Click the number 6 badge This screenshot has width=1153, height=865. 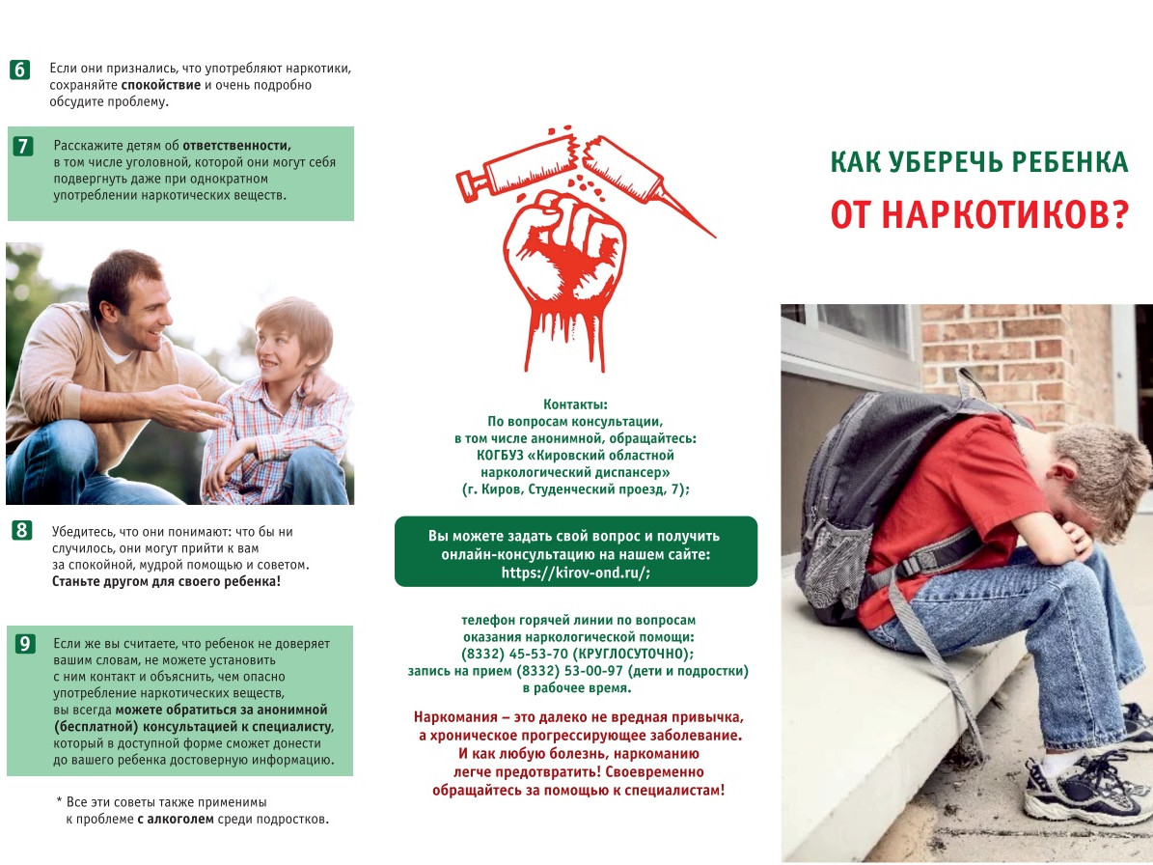[20, 70]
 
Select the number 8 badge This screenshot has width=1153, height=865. [21, 530]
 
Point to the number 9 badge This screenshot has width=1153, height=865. [25, 644]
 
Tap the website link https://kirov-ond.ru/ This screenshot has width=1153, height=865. [575, 572]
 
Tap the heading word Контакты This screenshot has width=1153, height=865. [576, 404]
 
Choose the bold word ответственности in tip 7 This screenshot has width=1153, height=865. [236, 145]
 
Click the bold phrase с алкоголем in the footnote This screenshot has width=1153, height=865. [174, 820]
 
